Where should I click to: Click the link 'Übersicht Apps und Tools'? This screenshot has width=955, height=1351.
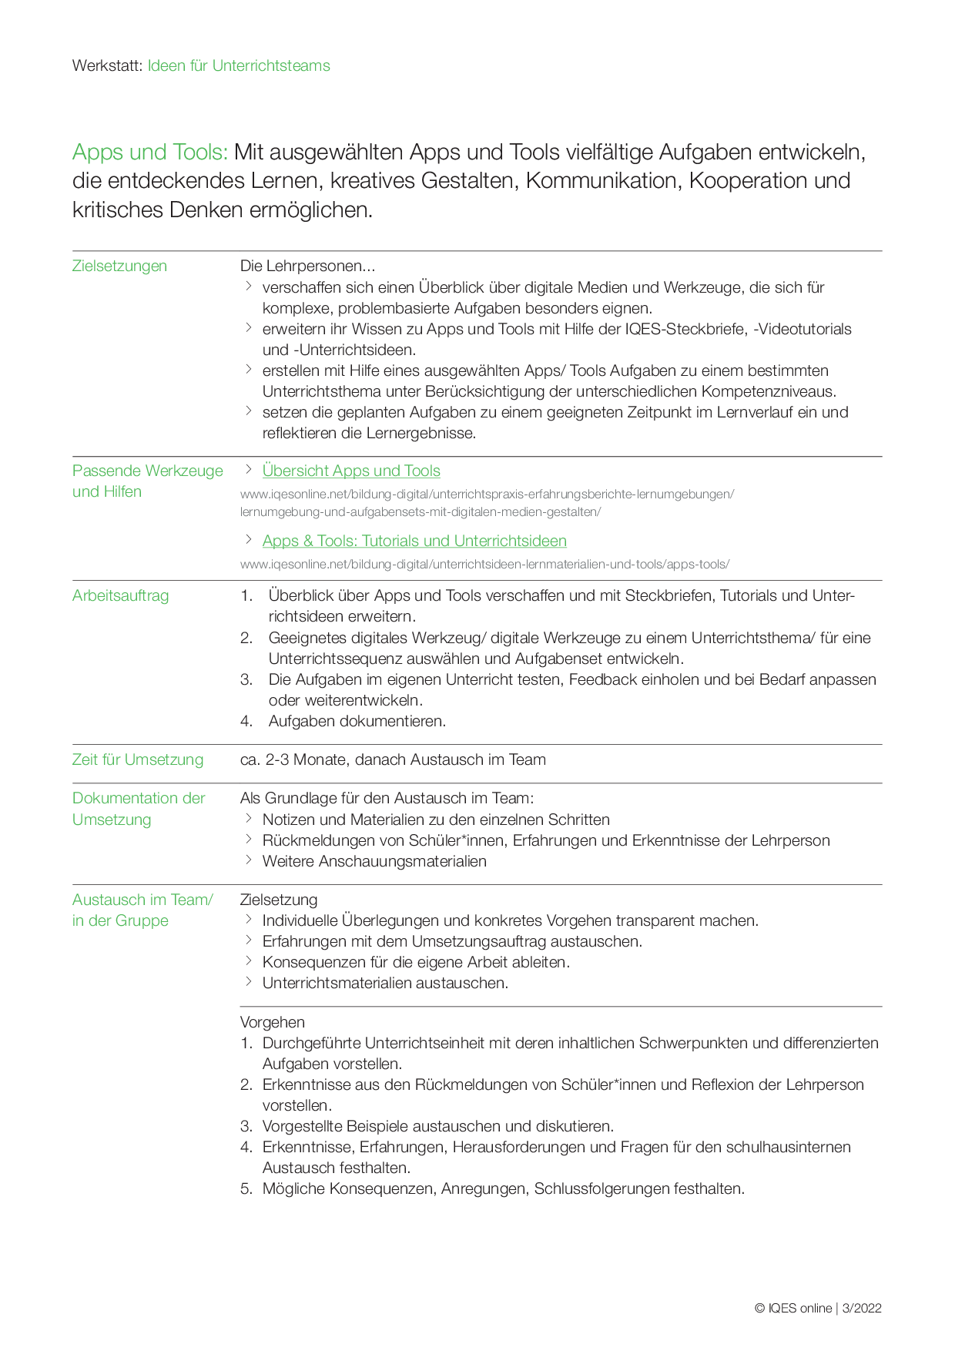pos(351,471)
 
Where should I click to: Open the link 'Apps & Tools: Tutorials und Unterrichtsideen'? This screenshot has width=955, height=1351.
pos(414,541)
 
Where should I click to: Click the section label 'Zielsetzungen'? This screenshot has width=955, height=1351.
pos(119,266)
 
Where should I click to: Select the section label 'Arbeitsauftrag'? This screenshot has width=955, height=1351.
pos(120,595)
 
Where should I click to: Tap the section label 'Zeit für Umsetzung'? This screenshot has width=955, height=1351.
pos(138,759)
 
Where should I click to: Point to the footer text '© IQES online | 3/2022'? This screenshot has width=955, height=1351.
pos(818,1308)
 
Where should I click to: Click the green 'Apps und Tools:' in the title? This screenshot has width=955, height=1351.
pos(149,153)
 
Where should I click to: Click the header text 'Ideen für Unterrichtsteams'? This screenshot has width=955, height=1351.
pos(239,65)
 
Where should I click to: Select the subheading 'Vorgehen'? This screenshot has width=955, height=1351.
pos(272,1022)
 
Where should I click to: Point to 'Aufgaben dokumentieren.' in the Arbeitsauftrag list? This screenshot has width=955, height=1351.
pos(357,721)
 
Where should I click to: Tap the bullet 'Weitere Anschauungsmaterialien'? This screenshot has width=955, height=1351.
pos(374,861)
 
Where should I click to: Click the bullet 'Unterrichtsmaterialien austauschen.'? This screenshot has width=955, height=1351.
pos(385,983)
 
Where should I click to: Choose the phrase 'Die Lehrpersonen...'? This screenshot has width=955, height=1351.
pos(307,266)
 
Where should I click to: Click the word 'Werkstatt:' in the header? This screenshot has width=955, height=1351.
pos(107,65)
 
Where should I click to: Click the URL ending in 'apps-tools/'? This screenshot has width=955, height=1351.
pos(484,564)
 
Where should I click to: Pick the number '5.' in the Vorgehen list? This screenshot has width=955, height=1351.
pos(246,1188)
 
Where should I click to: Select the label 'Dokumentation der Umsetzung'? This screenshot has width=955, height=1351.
pos(139,809)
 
